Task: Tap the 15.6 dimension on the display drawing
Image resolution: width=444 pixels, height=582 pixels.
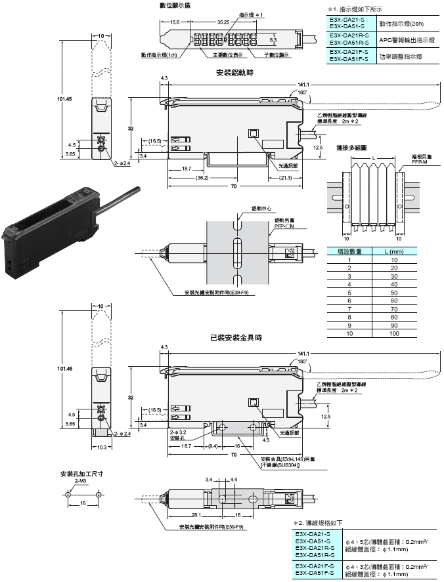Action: click(x=175, y=22)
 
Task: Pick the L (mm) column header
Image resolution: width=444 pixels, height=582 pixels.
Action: click(x=394, y=251)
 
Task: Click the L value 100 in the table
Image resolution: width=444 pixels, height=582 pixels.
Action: click(x=394, y=333)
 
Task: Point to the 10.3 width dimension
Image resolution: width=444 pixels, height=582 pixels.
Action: click(x=100, y=447)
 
